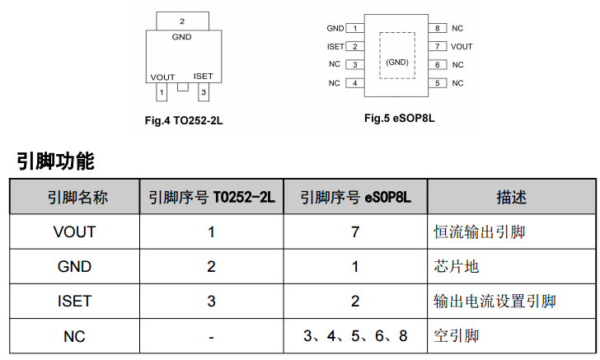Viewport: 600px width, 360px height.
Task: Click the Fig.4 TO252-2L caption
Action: (x=184, y=120)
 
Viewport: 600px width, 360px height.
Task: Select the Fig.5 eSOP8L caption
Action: (x=399, y=118)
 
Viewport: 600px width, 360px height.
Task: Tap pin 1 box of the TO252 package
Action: (x=162, y=91)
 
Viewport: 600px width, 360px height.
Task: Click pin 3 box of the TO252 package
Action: (x=202, y=91)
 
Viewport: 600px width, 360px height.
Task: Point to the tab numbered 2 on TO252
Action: (x=181, y=21)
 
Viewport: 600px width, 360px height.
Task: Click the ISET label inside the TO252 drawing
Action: (x=203, y=77)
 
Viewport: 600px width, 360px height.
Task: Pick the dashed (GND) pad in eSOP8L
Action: (x=397, y=55)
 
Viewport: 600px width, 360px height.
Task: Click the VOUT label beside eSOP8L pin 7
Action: (x=462, y=47)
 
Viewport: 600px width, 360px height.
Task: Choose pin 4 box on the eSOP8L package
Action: (x=355, y=83)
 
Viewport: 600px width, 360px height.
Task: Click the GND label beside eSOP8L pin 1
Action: (x=335, y=29)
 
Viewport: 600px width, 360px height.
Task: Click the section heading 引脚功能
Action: (x=55, y=161)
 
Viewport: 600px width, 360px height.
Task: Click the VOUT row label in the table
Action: (x=74, y=232)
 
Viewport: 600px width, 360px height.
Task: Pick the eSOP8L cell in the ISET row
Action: (x=355, y=302)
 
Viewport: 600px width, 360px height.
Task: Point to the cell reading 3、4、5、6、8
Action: (x=355, y=336)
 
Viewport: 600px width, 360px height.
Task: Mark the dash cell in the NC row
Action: (x=212, y=336)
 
